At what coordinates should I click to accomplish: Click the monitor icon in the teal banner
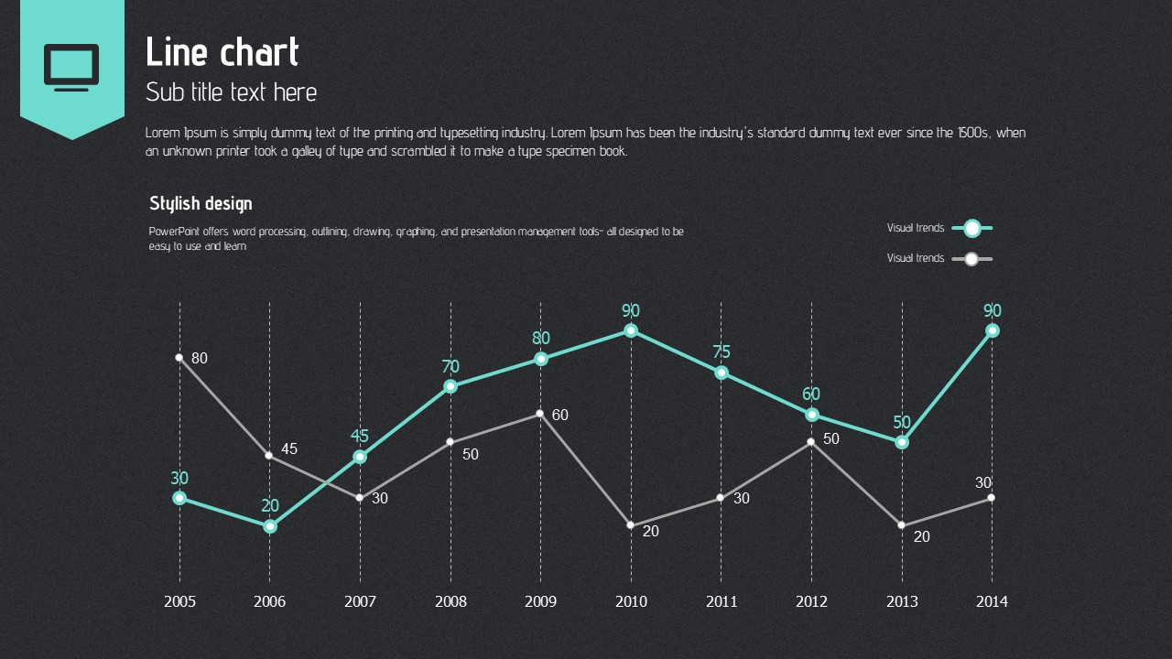71,68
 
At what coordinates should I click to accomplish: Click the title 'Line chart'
222,52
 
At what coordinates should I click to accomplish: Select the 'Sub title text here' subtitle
232,92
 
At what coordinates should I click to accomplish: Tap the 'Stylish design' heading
201,203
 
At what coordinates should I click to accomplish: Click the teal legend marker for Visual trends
972,228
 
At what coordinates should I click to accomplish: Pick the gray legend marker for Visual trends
971,259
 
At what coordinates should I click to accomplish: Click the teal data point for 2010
631,330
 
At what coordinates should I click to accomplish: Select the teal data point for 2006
270,526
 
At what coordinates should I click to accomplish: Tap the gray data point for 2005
179,358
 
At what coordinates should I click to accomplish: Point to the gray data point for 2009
540,414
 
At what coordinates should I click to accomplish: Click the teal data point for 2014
992,330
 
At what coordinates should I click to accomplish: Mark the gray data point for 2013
902,525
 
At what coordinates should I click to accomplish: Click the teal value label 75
722,352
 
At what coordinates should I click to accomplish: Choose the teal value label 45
360,437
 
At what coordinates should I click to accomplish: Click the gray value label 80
200,359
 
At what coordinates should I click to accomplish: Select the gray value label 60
560,416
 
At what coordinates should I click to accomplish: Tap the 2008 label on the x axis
450,601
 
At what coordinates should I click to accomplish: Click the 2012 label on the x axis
811,601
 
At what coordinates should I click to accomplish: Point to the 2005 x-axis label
179,601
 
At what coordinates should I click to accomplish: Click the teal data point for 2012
811,415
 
